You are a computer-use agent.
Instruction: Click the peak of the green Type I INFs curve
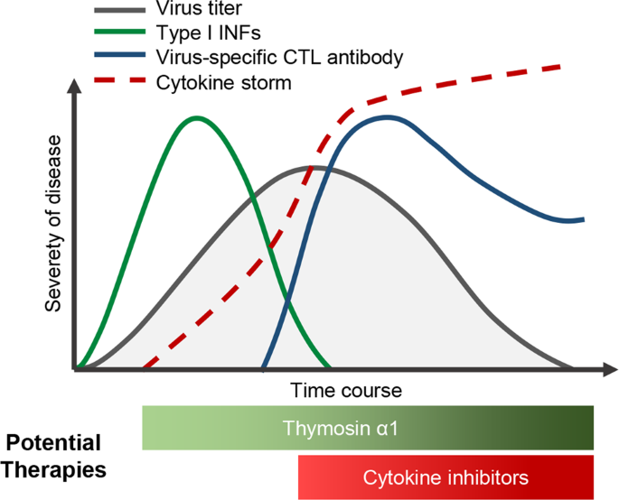click(x=195, y=118)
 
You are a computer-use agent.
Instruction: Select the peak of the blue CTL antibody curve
click(x=387, y=117)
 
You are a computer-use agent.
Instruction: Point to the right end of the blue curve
click(x=583, y=219)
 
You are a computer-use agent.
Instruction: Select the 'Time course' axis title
click(x=346, y=392)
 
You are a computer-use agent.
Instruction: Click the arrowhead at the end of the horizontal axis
click(x=608, y=369)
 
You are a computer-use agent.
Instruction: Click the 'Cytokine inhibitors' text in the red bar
click(x=445, y=477)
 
